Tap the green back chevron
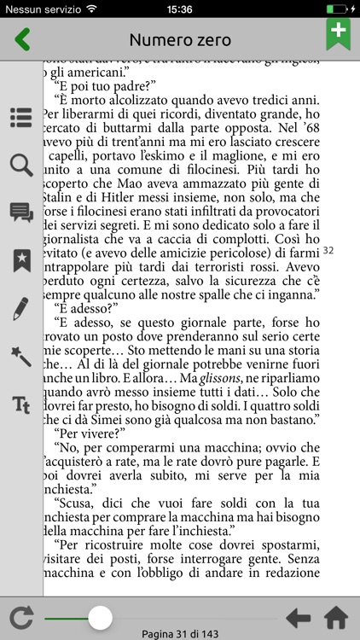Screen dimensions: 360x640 [x=22, y=40]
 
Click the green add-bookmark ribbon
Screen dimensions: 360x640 [x=339, y=35]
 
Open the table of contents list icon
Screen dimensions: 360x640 [x=21, y=118]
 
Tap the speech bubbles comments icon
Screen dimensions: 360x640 [x=21, y=212]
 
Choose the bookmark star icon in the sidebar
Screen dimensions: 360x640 [x=21, y=260]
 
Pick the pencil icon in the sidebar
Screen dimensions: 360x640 [x=21, y=308]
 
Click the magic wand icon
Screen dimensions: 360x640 [x=21, y=356]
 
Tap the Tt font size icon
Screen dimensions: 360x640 [x=21, y=404]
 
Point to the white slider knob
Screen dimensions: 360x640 [x=101, y=617]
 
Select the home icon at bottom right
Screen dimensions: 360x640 [x=336, y=617]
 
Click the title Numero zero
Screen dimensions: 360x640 [x=180, y=40]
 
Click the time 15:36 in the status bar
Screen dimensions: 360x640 [x=180, y=9]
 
